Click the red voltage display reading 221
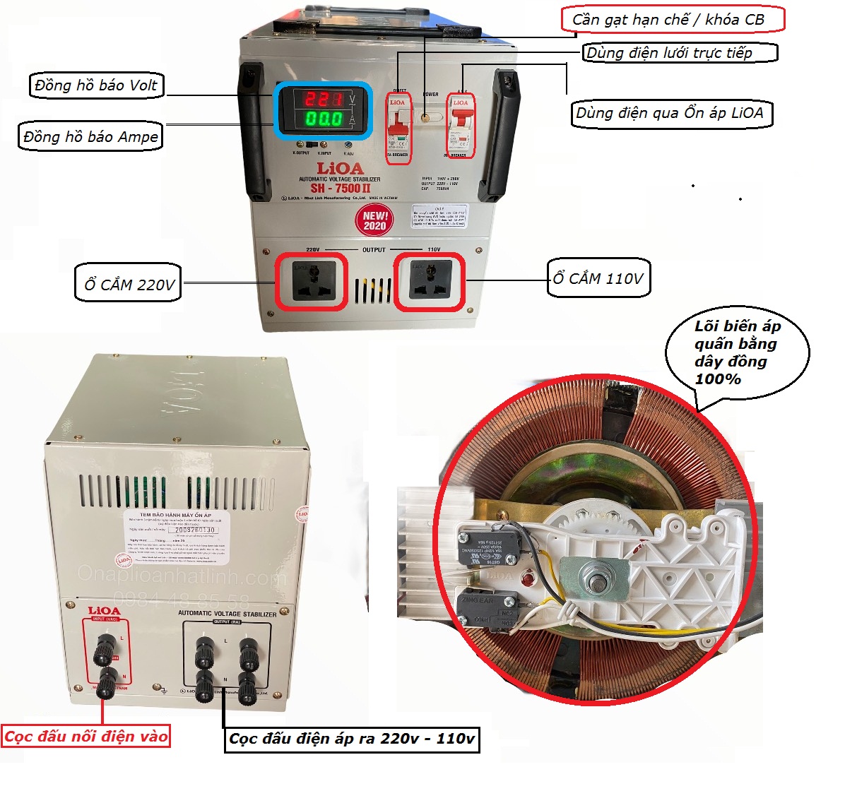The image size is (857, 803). [x=324, y=99]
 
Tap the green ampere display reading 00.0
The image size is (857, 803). [x=324, y=119]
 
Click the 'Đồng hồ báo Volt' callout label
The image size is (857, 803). [x=96, y=85]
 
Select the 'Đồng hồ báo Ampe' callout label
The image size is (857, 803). [x=90, y=136]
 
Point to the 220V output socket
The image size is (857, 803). [x=311, y=281]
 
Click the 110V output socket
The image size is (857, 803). [x=429, y=281]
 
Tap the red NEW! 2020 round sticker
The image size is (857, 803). [x=374, y=220]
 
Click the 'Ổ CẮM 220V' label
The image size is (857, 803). [x=129, y=284]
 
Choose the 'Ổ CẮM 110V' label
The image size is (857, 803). [x=598, y=278]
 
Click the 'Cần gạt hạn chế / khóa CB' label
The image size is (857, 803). [x=672, y=19]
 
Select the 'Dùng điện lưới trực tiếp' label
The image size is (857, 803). [x=679, y=53]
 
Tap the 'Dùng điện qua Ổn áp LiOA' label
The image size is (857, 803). [x=670, y=113]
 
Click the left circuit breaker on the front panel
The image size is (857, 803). [x=398, y=127]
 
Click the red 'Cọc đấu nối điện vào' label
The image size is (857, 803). [x=86, y=737]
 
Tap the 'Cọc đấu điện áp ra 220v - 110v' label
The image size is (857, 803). [x=351, y=739]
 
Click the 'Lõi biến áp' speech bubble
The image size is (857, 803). [x=737, y=352]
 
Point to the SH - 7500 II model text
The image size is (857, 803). [x=340, y=189]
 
